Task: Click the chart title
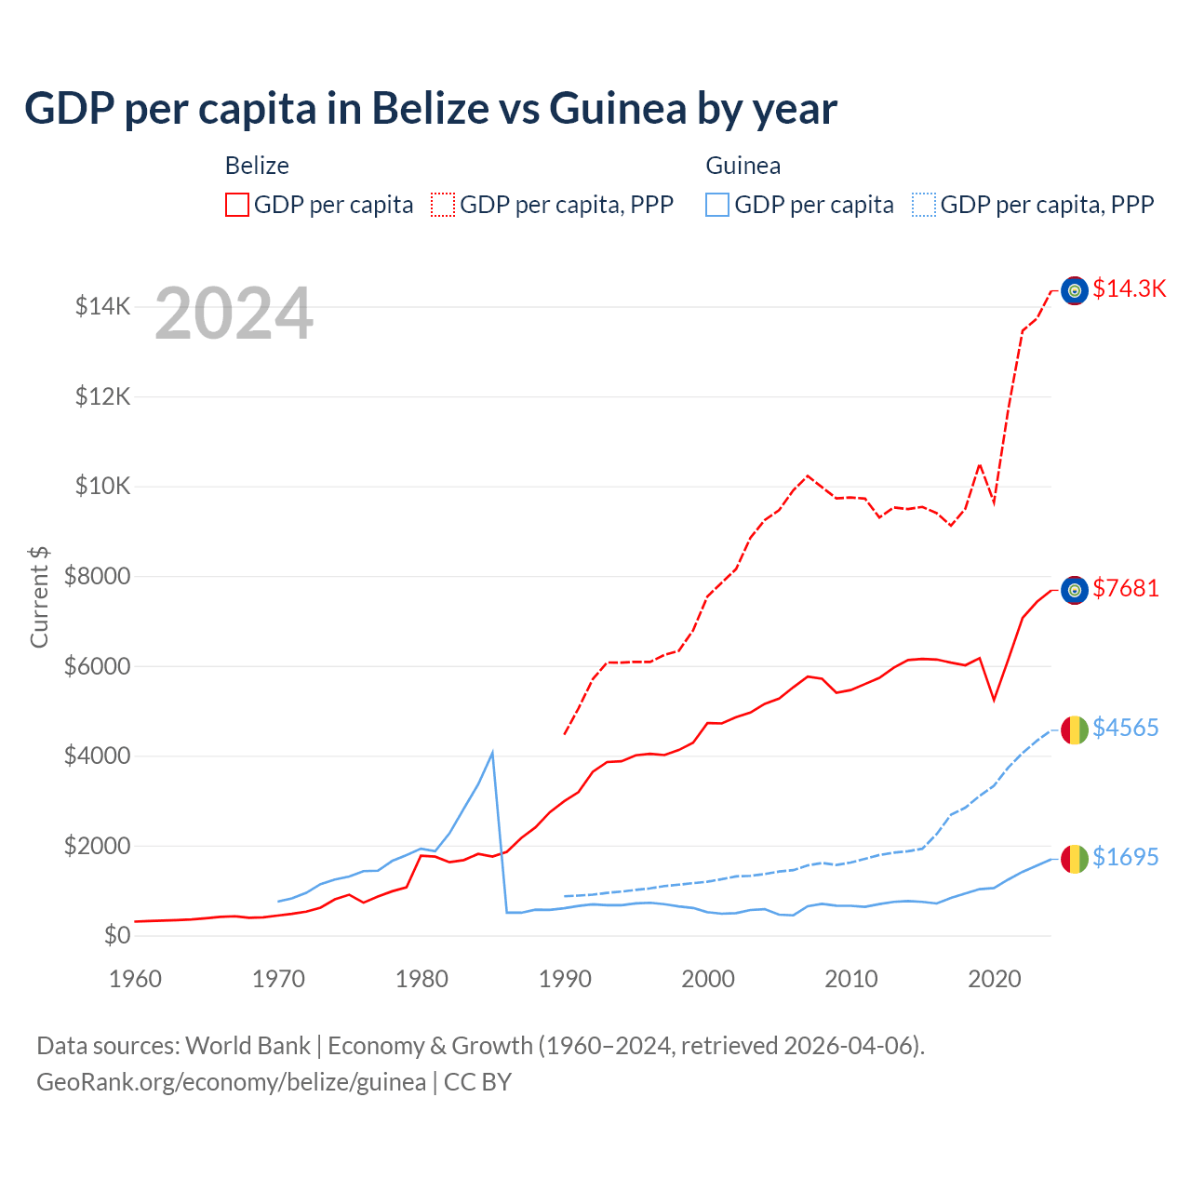(x=431, y=109)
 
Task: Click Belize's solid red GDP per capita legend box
(x=237, y=205)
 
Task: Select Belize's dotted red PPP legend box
(x=443, y=205)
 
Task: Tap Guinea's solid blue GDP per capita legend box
(x=717, y=205)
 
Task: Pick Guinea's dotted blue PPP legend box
(x=924, y=205)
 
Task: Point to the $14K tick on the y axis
(x=102, y=306)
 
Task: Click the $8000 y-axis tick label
(x=97, y=576)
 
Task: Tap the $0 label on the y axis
(x=116, y=935)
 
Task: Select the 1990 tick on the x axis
(x=565, y=979)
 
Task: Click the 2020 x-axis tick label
(x=995, y=979)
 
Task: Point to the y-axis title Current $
(x=39, y=596)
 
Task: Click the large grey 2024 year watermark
(x=234, y=314)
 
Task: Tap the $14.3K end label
(x=1129, y=288)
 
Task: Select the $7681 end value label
(x=1125, y=588)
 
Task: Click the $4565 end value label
(x=1125, y=728)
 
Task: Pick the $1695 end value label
(x=1125, y=857)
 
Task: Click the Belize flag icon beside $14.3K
(x=1075, y=291)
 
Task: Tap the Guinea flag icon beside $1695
(x=1075, y=859)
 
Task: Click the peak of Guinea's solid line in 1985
(x=492, y=752)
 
